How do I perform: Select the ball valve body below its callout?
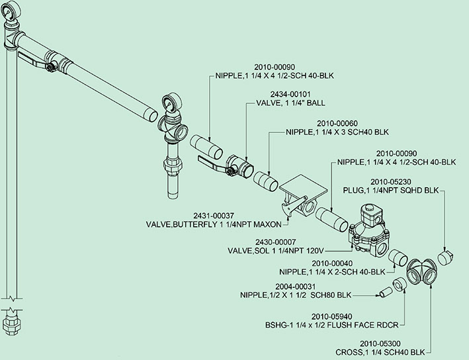point(237,165)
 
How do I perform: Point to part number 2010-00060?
point(338,122)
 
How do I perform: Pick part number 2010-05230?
point(395,181)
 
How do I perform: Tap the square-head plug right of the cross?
point(445,255)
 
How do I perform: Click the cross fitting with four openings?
point(423,271)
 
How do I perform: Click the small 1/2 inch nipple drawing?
point(386,291)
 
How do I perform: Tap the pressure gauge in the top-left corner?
point(9,9)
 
